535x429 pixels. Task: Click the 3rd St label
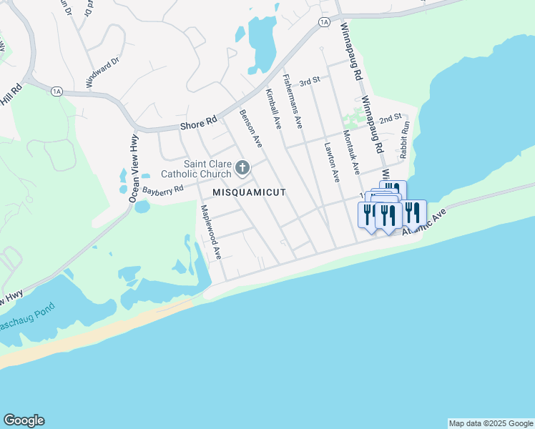309,82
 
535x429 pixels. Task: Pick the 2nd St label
391,118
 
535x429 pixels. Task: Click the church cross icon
242,169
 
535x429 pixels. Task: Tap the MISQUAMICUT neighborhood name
249,193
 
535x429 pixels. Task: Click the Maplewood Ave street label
211,232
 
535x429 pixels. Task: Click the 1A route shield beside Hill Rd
57,91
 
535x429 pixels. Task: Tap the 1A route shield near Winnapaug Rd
325,22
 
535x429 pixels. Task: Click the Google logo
24,420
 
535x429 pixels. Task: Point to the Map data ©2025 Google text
491,423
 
